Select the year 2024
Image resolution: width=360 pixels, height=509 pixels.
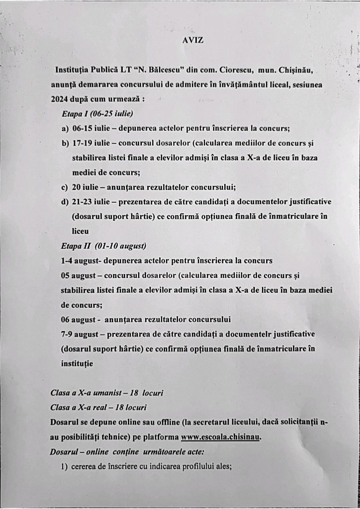click(x=60, y=98)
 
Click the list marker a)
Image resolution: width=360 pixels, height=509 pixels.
click(x=65, y=128)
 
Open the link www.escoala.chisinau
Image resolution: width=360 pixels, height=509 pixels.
click(x=221, y=437)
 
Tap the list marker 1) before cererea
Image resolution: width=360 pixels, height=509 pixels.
click(x=65, y=466)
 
